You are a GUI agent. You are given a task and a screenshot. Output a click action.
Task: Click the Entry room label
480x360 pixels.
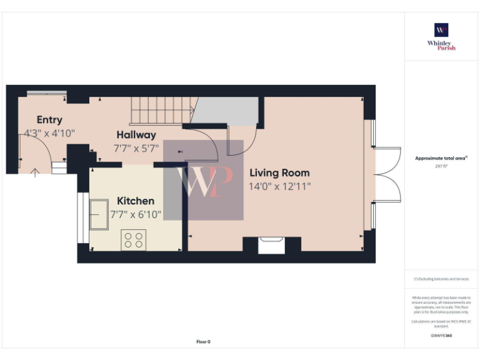[x=49, y=120]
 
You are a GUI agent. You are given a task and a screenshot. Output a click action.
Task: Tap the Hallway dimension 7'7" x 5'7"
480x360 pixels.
[x=136, y=149]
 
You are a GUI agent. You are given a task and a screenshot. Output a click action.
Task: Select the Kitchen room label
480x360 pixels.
[x=136, y=201]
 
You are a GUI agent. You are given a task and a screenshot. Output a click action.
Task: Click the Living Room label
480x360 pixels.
[x=279, y=172]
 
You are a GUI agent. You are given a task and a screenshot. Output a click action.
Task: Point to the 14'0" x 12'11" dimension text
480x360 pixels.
[x=279, y=186]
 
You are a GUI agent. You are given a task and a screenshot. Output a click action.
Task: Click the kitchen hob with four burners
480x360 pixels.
[x=133, y=241]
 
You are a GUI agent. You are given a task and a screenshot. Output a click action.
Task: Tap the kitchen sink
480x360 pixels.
[x=100, y=215]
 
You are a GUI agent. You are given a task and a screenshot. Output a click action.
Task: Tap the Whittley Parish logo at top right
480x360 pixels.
[x=441, y=37]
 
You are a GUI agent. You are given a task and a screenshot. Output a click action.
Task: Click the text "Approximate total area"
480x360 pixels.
[x=441, y=159]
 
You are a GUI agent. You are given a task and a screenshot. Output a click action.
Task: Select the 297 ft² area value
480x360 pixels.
[x=441, y=166]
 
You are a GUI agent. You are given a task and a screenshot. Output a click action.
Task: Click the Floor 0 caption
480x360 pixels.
[x=203, y=342]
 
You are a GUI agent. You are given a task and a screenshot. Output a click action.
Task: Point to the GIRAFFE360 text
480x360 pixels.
[x=441, y=336]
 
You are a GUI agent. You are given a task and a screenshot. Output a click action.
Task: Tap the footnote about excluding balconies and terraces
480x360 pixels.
[x=441, y=279]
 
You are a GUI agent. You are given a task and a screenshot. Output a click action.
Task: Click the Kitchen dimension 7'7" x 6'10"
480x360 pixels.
[x=136, y=214]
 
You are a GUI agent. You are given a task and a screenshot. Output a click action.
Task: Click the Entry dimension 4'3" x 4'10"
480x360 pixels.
[x=49, y=133]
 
